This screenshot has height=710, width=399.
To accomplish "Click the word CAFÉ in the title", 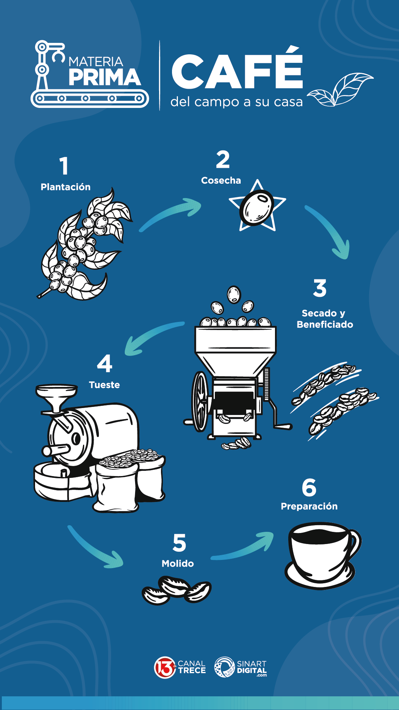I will (x=237, y=72).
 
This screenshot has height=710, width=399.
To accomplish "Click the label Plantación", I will (x=65, y=187).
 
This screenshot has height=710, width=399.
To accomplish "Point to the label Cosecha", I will (x=221, y=180).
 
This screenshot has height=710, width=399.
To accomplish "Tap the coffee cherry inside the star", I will (x=257, y=208).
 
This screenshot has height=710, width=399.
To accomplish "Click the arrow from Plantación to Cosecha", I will (x=172, y=214).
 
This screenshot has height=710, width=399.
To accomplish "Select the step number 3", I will (x=320, y=288).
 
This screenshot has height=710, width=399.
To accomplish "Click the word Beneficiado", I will (x=325, y=325).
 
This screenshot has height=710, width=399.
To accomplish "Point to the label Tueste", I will (x=104, y=385).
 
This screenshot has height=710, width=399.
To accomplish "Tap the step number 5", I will (x=179, y=543).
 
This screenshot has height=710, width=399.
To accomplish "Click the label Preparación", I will (x=309, y=506).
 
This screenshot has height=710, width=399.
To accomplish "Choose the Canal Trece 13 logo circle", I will (x=165, y=667).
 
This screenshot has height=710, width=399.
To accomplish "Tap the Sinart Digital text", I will (x=251, y=667).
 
